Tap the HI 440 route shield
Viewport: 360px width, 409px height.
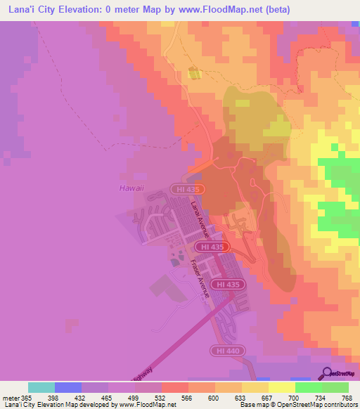pos(223,349)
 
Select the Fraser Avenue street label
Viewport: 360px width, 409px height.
pos(199,279)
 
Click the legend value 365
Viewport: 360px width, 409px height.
pos(27,398)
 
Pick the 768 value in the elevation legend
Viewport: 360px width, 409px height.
pos(347,398)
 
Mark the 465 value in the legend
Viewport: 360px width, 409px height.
pos(107,398)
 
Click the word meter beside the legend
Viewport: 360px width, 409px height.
pos(10,398)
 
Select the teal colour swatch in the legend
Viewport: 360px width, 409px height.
pos(41,387)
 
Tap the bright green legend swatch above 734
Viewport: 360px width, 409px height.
pos(308,387)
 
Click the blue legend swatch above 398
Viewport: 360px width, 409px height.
pos(68,387)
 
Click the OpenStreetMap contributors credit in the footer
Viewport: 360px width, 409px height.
pos(311,405)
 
